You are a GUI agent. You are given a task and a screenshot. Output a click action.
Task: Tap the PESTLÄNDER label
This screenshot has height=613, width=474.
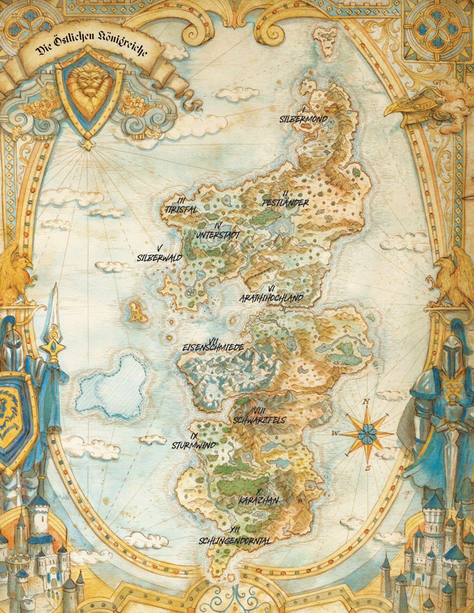(285, 203)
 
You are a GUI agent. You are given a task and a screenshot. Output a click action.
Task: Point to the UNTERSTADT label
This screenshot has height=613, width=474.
(218, 235)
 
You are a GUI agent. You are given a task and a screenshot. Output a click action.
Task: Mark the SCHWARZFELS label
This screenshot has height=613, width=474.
(259, 420)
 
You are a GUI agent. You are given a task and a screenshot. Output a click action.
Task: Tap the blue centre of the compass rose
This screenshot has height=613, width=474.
(365, 433)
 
